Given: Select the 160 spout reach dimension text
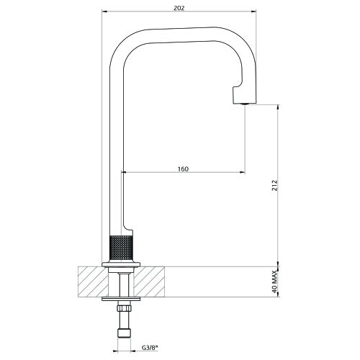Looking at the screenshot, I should pyautogui.click(x=182, y=168).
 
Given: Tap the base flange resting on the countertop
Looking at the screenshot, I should pyautogui.click(x=120, y=264).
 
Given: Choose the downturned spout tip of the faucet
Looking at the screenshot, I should pyautogui.click(x=244, y=92).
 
